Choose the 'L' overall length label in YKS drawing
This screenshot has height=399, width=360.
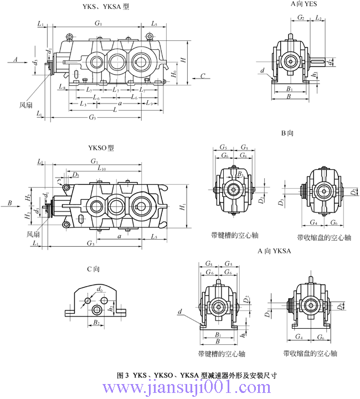pos(114,111)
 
